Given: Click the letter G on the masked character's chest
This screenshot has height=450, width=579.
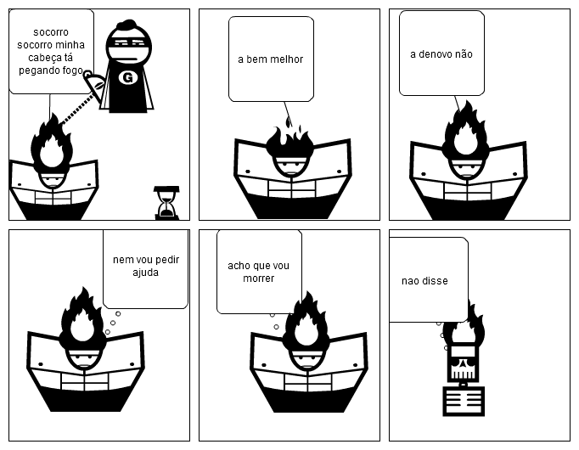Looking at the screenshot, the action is pyautogui.click(x=127, y=77).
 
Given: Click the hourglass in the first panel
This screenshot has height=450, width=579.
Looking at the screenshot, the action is pyautogui.click(x=167, y=203).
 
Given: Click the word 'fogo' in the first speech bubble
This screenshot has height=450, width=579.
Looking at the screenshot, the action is pyautogui.click(x=72, y=70).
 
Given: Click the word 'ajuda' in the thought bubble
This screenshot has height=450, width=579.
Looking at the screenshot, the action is pyautogui.click(x=145, y=273).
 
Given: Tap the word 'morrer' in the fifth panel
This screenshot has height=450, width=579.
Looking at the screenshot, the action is pyautogui.click(x=258, y=278).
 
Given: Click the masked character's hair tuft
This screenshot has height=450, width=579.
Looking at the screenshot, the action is pyautogui.click(x=126, y=25).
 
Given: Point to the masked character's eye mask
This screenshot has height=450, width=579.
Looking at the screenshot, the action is pyautogui.click(x=129, y=42).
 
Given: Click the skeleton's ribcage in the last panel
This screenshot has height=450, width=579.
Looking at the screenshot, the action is pyautogui.click(x=464, y=401).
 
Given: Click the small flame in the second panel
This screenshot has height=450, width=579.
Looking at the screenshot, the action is pyautogui.click(x=288, y=121).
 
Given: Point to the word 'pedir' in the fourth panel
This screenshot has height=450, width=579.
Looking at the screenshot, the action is pyautogui.click(x=168, y=260).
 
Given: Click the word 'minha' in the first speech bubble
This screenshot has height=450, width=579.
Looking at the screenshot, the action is pyautogui.click(x=70, y=45).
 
